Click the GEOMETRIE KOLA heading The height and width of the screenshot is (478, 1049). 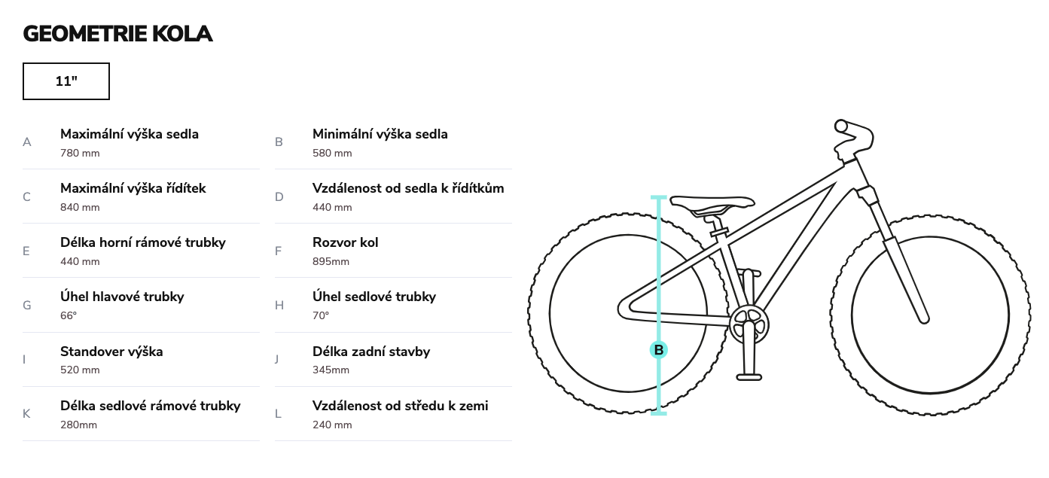click(117, 34)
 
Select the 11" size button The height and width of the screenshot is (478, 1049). click(66, 81)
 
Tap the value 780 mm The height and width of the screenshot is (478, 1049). click(80, 153)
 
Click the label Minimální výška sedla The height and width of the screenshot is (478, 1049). click(380, 134)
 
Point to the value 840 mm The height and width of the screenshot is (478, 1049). click(80, 208)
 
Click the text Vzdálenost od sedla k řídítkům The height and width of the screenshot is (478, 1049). click(408, 188)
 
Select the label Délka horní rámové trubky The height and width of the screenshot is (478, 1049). click(143, 242)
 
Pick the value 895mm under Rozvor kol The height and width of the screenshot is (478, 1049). click(331, 262)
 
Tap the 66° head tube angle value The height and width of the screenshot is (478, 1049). click(69, 315)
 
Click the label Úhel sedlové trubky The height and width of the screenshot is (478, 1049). click(374, 297)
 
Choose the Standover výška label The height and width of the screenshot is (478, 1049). click(111, 352)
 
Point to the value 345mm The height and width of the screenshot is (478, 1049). click(331, 370)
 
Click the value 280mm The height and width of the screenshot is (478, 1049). click(78, 425)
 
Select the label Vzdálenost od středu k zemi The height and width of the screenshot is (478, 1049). click(401, 406)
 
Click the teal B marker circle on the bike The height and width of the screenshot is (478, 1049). click(658, 350)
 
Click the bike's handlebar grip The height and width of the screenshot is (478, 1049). click(842, 126)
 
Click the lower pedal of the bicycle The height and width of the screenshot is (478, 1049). click(749, 377)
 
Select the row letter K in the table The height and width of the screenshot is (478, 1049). click(26, 414)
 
